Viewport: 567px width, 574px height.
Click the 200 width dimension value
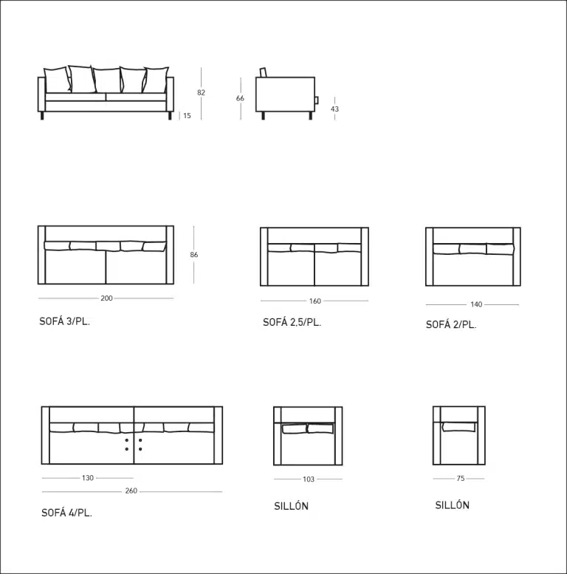106,298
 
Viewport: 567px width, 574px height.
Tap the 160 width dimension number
315,301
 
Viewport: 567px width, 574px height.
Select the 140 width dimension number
476,304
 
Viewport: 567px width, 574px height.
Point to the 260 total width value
131,491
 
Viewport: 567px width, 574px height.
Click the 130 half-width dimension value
88,478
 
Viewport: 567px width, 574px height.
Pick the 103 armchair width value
309,479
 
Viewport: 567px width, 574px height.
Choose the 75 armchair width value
461,479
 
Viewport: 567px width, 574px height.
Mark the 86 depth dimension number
194,254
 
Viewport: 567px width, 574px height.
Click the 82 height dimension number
202,92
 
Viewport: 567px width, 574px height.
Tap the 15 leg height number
187,116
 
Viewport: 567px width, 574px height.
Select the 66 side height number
240,98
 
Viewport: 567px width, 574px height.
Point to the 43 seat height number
334,109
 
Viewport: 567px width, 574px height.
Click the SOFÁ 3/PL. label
64,321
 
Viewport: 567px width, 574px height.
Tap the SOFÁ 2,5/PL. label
292,323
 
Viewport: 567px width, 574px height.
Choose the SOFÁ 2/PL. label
451,325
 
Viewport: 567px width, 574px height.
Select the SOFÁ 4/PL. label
66,513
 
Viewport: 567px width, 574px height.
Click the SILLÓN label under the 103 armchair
291,506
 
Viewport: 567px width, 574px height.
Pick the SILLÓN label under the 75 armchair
452,505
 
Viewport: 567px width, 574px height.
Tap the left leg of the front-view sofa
42,116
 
